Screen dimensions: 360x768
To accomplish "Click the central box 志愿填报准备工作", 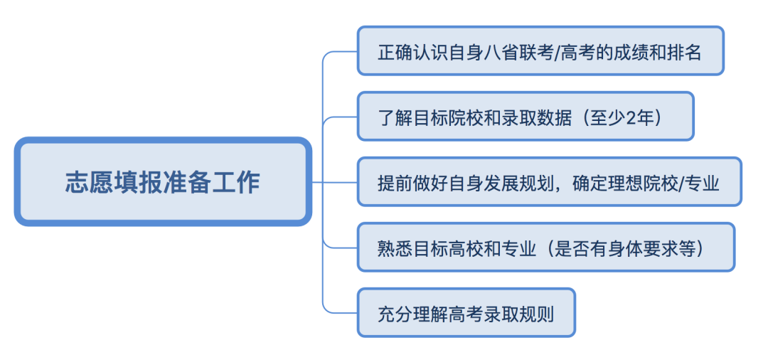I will (163, 182).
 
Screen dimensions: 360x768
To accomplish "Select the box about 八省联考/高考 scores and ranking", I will (540, 51).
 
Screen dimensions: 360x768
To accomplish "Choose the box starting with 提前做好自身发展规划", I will (548, 182).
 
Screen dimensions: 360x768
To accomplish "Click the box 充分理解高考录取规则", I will (466, 313).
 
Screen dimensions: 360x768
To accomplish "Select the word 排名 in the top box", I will (684, 53).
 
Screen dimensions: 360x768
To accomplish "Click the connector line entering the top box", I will (341, 51).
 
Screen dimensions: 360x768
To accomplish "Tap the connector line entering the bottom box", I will (341, 312).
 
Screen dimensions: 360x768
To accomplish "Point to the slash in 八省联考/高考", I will (556, 53).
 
